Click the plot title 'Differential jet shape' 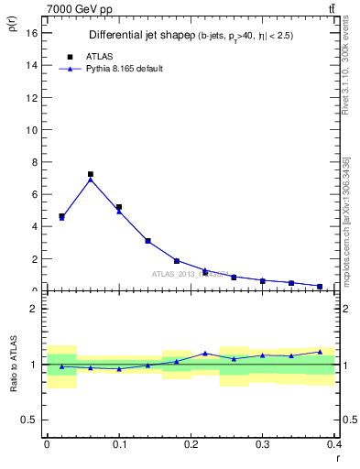(135, 35)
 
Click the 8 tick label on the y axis (32, 162)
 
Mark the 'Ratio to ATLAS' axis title (15, 364)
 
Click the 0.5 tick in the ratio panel (30, 420)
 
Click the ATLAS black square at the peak (91, 174)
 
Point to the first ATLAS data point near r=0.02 (61, 216)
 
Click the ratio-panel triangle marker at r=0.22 (205, 353)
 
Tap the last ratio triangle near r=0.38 (320, 352)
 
